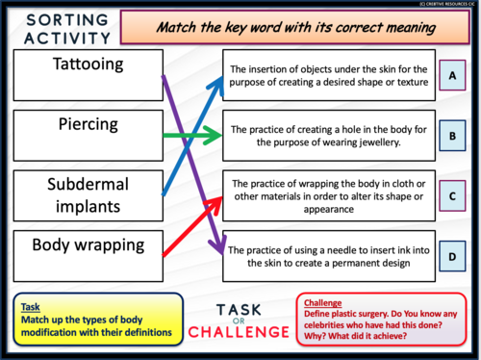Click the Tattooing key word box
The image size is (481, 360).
coord(82,72)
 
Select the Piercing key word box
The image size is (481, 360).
coord(82,131)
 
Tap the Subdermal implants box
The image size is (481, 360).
coord(82,193)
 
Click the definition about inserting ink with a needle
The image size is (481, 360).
coord(330,256)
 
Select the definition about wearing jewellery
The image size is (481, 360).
coord(330,136)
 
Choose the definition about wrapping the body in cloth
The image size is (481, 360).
coord(330,196)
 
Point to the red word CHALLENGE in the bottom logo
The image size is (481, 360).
coord(240,332)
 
